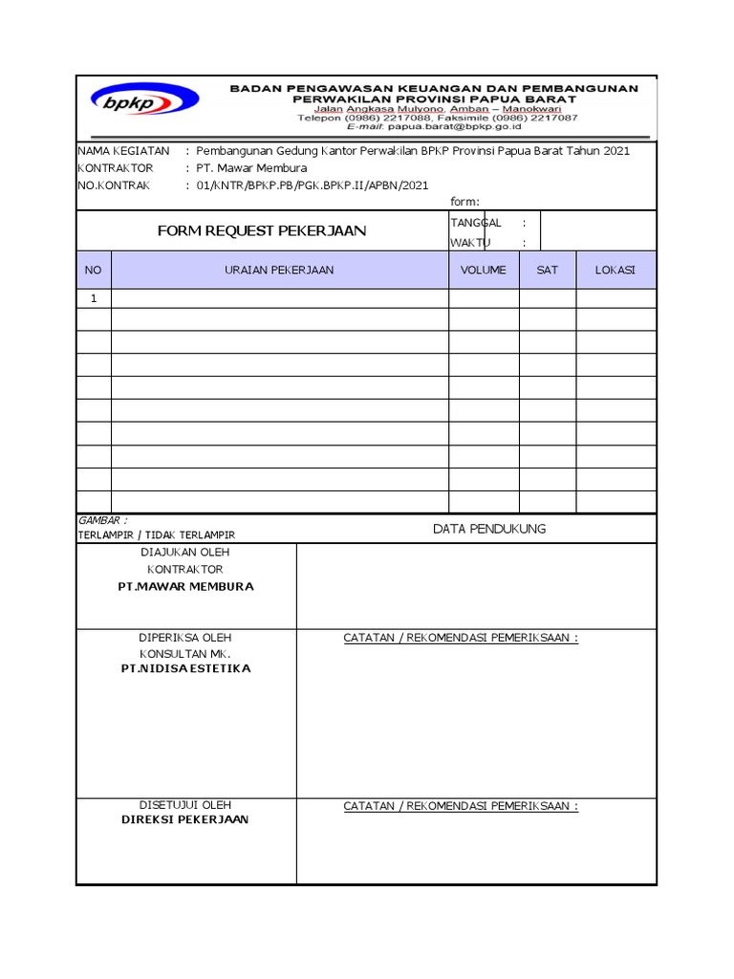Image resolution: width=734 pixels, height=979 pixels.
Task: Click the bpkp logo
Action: [x=144, y=98]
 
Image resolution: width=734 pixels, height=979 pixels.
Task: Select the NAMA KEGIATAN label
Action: [x=123, y=151]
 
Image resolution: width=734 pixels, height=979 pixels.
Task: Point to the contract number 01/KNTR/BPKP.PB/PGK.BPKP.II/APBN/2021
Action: [x=313, y=185]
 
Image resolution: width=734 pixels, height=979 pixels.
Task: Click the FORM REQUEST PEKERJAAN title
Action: [x=262, y=231]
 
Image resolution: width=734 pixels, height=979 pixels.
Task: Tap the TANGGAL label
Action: [x=476, y=222]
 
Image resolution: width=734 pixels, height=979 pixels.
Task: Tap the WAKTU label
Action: [x=469, y=243]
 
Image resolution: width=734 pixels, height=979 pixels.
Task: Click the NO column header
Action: [x=93, y=271]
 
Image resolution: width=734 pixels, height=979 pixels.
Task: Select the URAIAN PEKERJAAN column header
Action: [x=279, y=271]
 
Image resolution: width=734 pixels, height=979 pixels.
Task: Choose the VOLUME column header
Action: [x=484, y=271]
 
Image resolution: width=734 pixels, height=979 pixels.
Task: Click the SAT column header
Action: [x=547, y=271]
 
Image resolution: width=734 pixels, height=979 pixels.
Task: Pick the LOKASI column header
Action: [x=615, y=271]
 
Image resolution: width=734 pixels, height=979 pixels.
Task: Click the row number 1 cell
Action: [x=94, y=298]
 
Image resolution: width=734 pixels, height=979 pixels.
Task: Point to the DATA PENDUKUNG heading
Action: [x=489, y=529]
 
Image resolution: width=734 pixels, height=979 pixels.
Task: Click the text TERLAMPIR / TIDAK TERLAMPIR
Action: [x=157, y=535]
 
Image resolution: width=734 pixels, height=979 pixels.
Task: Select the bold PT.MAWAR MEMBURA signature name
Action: [x=185, y=586]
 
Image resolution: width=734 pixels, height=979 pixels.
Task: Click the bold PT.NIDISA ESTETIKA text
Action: [x=185, y=668]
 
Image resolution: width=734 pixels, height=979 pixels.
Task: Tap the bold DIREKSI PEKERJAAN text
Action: [x=185, y=820]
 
